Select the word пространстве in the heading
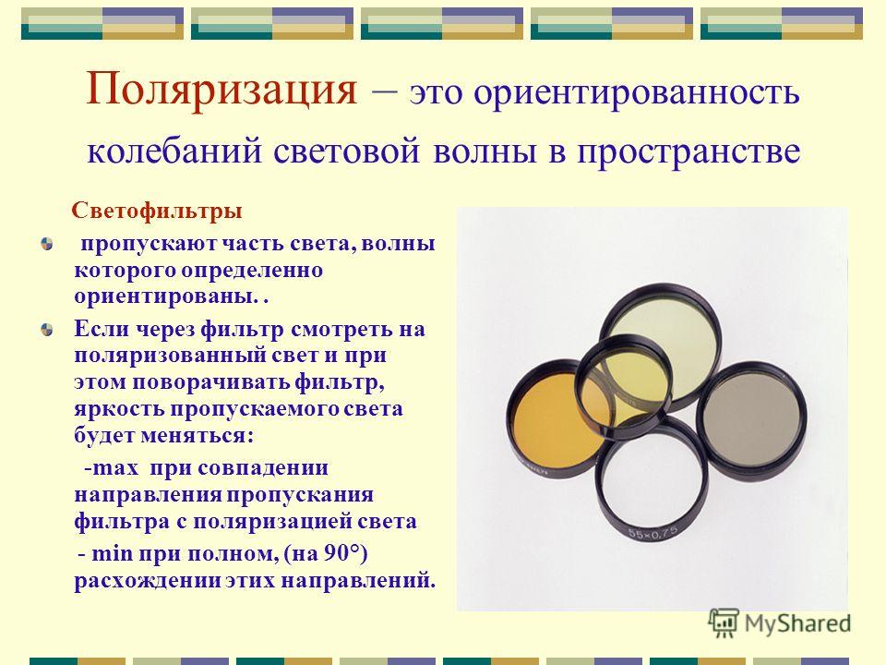[688, 151]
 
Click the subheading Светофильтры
[157, 211]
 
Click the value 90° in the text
[342, 553]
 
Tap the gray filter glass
[751, 417]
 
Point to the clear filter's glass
[651, 480]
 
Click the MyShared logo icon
[724, 623]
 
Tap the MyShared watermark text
[797, 623]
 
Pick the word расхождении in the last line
[146, 581]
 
